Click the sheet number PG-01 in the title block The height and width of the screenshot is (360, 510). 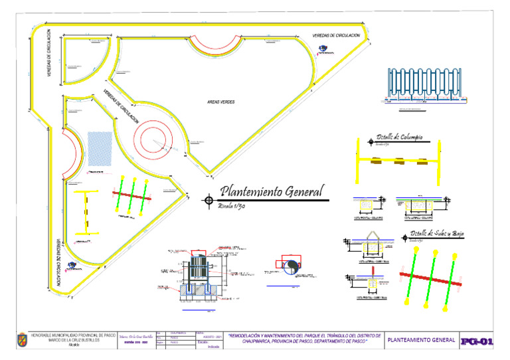coord(478,341)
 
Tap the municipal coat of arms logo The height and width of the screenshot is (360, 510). coord(21,341)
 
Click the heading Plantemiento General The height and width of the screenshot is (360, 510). coord(272,191)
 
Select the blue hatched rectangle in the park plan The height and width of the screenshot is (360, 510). coord(100,148)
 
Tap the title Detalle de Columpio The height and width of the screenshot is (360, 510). coord(398,137)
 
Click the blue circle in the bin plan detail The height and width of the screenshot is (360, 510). coord(292,266)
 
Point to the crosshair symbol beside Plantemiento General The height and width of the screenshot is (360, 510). coord(209,199)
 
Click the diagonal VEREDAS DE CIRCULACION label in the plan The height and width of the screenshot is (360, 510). coord(120,108)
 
